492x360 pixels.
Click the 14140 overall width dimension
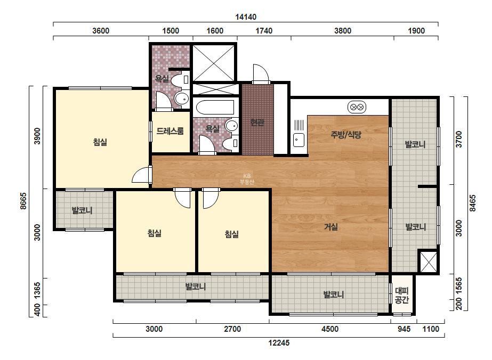coord(246,17)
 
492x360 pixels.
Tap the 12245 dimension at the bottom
coord(279,343)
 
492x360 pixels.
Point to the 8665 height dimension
coord(23,201)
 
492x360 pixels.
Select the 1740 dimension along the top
coord(264,31)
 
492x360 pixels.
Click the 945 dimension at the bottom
coord(404,329)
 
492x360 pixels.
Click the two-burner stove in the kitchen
coord(357,107)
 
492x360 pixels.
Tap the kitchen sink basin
coord(299,140)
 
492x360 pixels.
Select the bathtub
coord(215,108)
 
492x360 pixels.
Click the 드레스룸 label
coord(170,131)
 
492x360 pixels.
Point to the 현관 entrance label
coord(257,122)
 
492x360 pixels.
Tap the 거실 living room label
coord(330,226)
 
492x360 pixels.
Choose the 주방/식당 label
coord(346,135)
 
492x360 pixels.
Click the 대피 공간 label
coord(401,296)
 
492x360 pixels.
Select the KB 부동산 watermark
coord(247,179)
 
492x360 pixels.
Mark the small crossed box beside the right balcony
coord(429,261)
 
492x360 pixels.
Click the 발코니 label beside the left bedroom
coord(82,210)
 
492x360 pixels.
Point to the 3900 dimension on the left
coord(37,136)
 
